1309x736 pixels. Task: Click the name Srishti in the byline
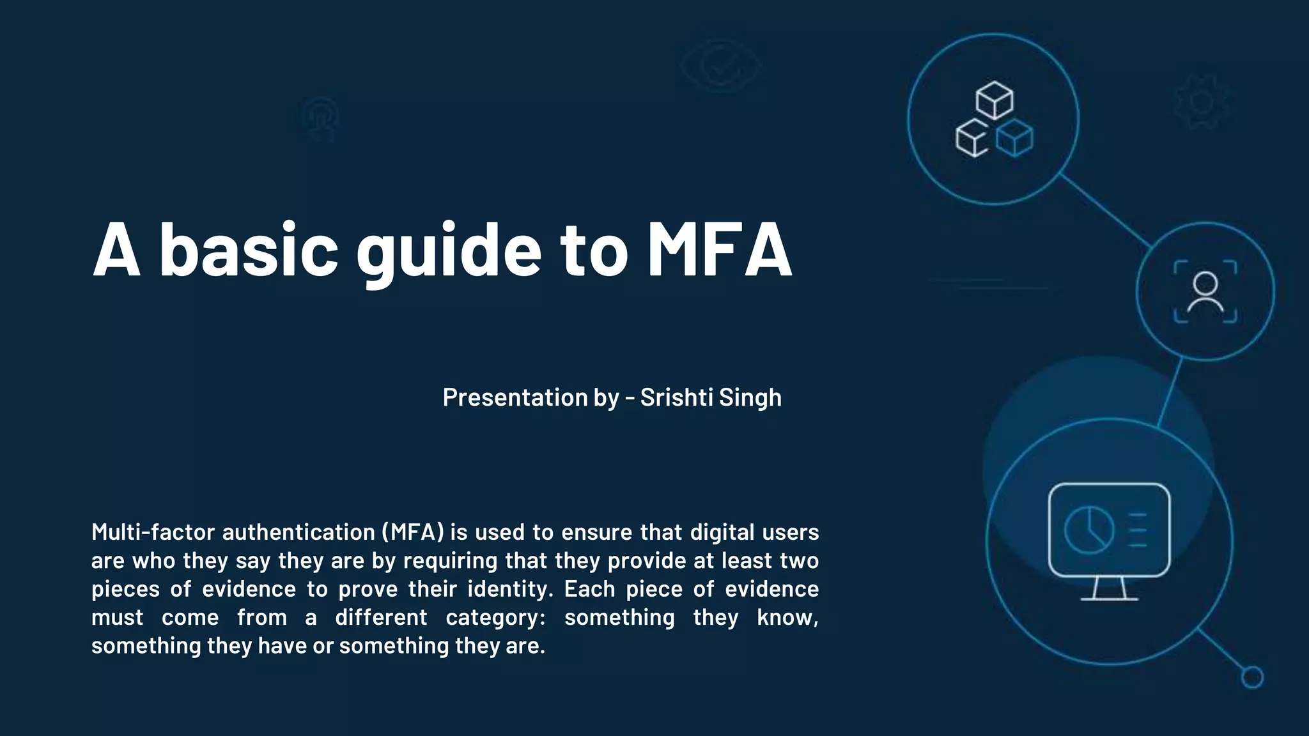coord(676,397)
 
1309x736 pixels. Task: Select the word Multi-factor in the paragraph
coord(153,532)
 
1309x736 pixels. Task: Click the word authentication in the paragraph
coord(298,532)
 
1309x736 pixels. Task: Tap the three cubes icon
coord(994,119)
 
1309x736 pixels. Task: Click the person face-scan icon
coord(1205,292)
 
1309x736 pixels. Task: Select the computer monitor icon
coord(1109,540)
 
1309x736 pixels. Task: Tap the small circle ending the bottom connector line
coord(1252,677)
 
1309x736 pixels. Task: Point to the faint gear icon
coord(1202,102)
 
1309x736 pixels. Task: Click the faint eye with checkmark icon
coord(720,65)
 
